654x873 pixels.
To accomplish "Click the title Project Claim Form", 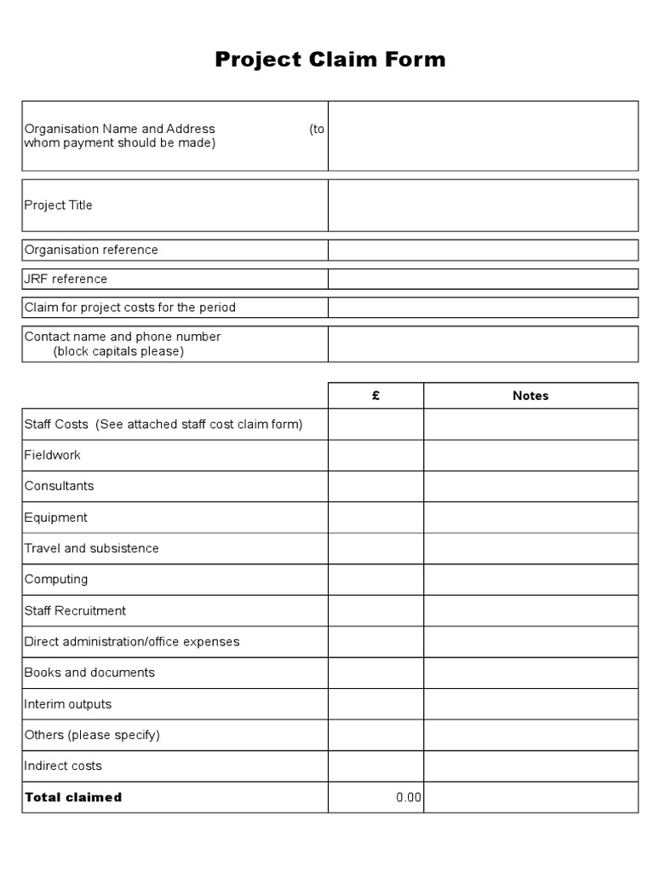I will pos(330,60).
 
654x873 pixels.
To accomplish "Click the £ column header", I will pos(376,396).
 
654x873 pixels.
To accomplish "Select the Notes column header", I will pos(531,396).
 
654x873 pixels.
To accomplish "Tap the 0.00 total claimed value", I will pos(409,797).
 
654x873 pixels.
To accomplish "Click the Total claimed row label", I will pos(73,797).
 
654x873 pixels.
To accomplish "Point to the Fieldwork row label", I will pos(53,455).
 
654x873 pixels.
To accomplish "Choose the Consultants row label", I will pos(60,486).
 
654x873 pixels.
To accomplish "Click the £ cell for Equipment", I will pos(376,517).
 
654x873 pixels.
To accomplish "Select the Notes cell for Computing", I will pos(531,580).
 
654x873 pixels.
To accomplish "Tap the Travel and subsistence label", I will pos(92,548).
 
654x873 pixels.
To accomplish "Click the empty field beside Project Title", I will pos(483,205).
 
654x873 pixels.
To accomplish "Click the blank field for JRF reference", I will pos(483,279).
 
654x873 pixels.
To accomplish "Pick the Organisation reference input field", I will pos(483,250).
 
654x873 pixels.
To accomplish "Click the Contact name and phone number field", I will pos(483,344).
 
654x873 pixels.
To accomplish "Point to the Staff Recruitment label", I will pos(75,610).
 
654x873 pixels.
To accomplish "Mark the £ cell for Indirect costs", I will pos(376,766).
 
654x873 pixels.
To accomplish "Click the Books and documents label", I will pos(89,673).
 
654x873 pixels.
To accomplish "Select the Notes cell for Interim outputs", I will pos(531,704).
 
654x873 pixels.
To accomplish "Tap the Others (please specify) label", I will pos(92,735).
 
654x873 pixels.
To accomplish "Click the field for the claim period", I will pos(483,307).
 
